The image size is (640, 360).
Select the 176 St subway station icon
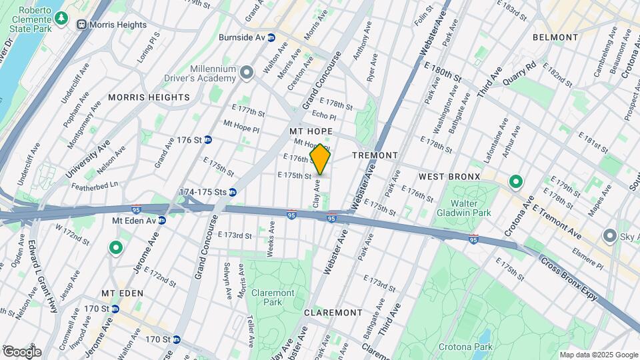pyautogui.click(x=208, y=140)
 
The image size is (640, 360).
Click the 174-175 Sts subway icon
pyautogui.click(x=233, y=192)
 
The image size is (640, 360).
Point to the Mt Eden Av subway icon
pyautogui.click(x=161, y=220)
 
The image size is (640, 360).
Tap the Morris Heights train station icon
pyautogui.click(x=81, y=25)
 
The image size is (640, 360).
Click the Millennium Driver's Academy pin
pyautogui.click(x=247, y=72)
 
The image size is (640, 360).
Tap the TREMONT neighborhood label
pyautogui.click(x=375, y=155)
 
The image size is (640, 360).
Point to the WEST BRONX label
pyautogui.click(x=449, y=176)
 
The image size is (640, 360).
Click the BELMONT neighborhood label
pyautogui.click(x=555, y=37)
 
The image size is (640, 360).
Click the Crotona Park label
pyautogui.click(x=470, y=347)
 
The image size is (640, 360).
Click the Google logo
pyautogui.click(x=22, y=352)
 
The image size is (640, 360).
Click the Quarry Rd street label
pyautogui.click(x=520, y=69)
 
